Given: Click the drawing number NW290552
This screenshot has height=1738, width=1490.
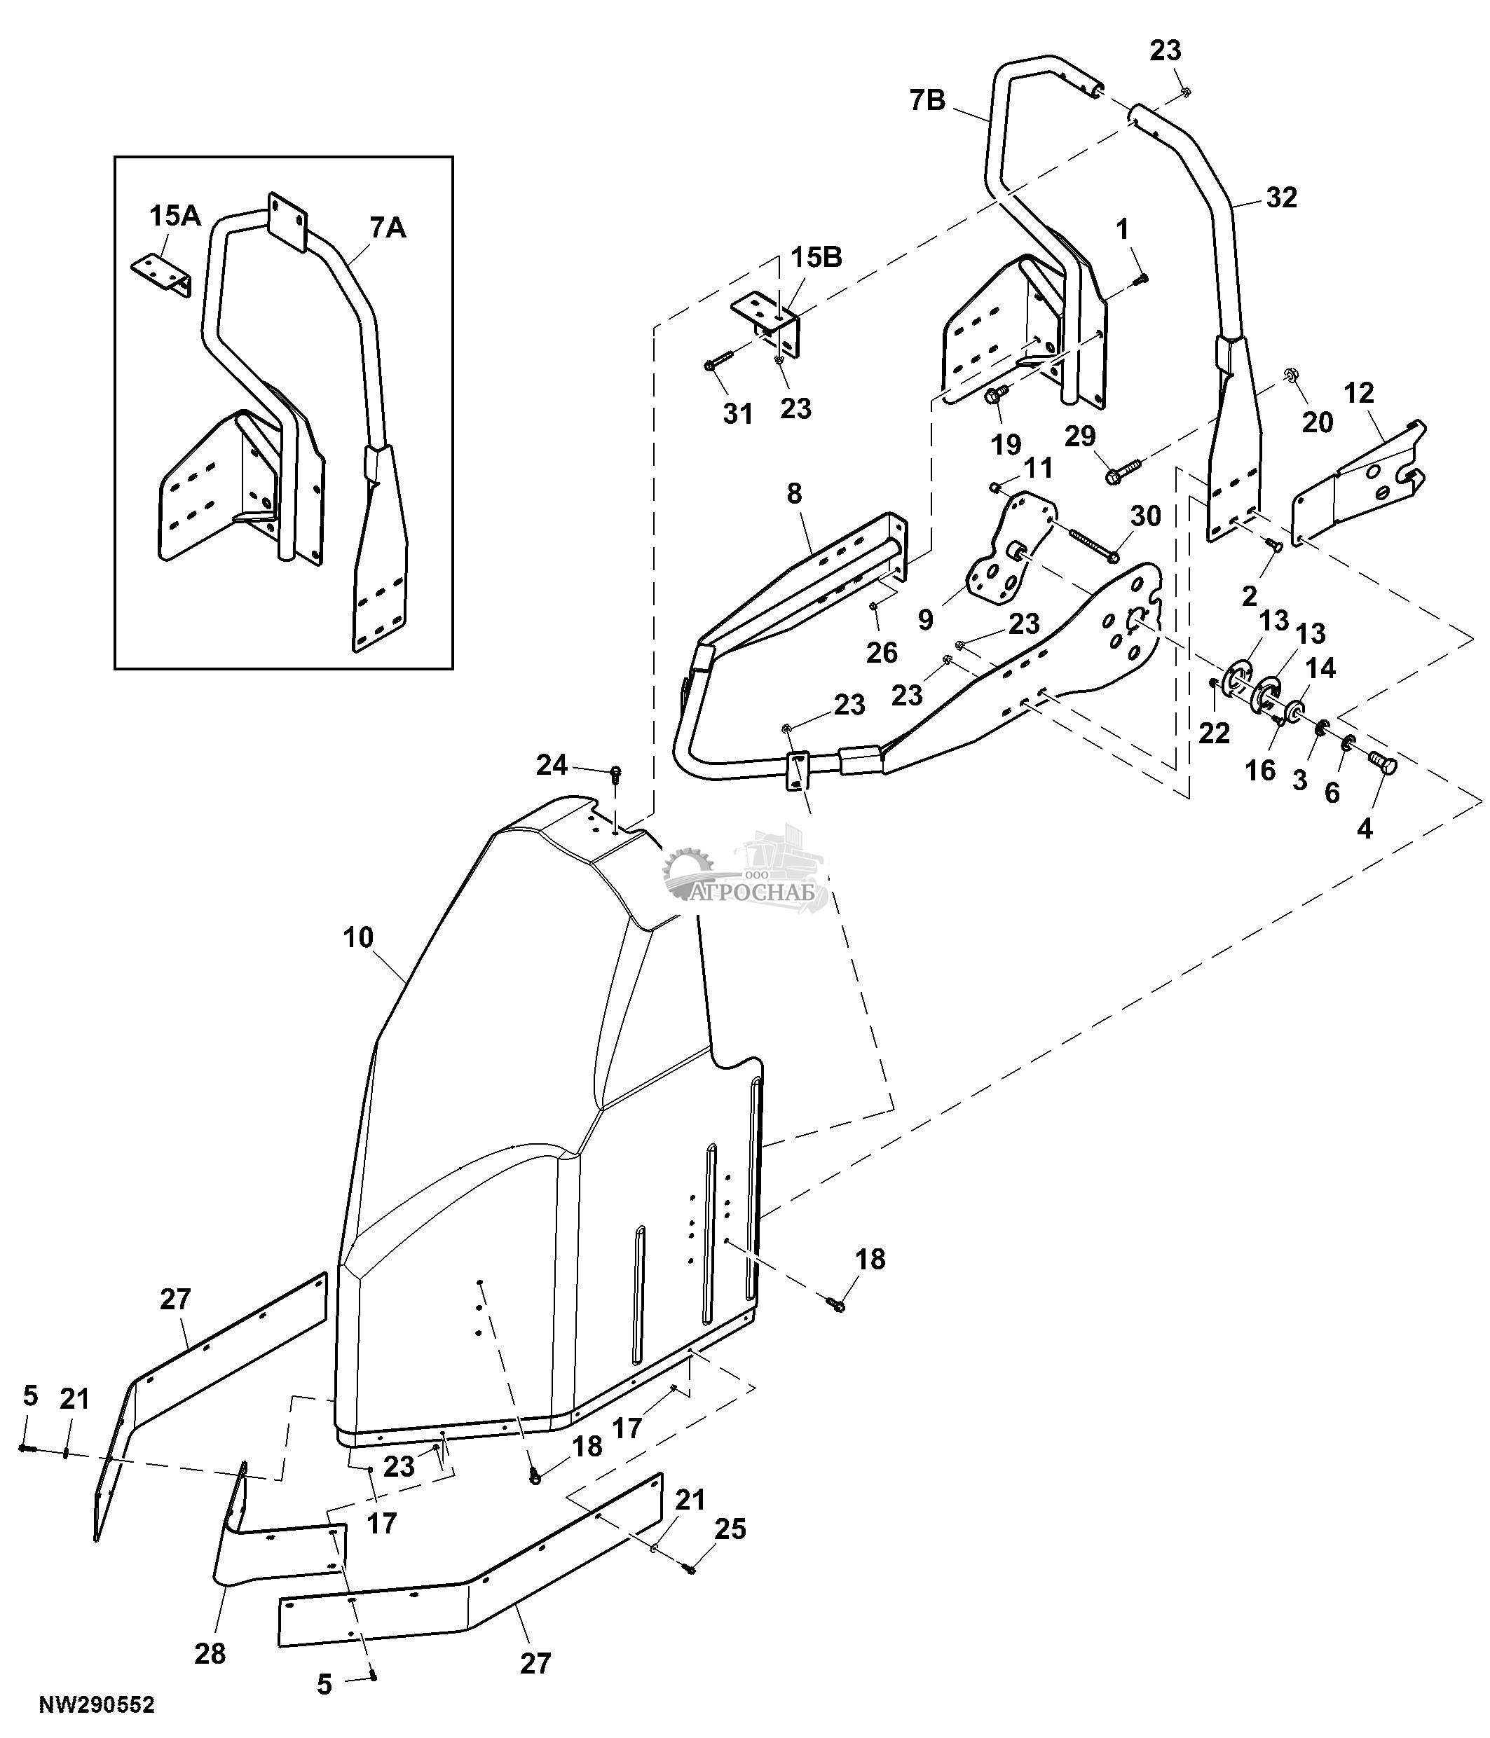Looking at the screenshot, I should click(97, 1704).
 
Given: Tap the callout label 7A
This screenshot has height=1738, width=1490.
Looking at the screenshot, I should click(387, 227).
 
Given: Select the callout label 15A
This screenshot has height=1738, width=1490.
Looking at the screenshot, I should click(175, 216).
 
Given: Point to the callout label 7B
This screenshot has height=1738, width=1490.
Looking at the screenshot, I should click(927, 101).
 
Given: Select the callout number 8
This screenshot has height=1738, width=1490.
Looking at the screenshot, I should click(795, 493).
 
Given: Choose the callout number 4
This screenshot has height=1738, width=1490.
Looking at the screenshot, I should click(1365, 829).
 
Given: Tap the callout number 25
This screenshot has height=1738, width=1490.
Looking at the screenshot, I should click(729, 1529).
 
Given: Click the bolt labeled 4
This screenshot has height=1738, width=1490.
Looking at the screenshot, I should click(1384, 764).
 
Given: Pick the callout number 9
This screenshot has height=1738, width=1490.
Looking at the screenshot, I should click(925, 619).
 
